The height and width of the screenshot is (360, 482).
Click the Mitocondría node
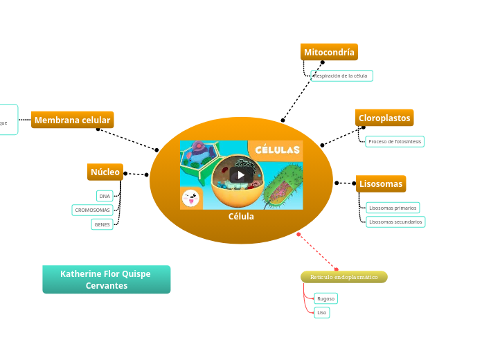[x=329, y=52]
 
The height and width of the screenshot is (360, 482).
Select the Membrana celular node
[x=72, y=120]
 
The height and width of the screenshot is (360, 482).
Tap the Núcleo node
[x=105, y=172]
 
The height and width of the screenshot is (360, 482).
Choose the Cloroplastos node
[x=384, y=118]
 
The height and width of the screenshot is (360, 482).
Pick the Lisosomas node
[x=380, y=183]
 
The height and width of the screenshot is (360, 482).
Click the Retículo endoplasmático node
[x=343, y=277]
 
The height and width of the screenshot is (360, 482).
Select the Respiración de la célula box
[x=341, y=75]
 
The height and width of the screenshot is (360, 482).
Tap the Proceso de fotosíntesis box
[x=394, y=141]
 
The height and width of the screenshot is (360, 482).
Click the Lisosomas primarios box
[x=393, y=208]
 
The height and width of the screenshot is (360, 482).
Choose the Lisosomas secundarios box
[x=395, y=222]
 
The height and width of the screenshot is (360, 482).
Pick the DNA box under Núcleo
[x=105, y=196]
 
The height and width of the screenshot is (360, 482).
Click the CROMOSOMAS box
[x=92, y=210]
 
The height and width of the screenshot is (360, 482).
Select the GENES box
[x=102, y=224]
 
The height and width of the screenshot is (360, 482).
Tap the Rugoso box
[x=325, y=298]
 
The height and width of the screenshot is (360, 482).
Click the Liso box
[x=321, y=312]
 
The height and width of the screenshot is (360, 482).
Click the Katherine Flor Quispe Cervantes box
[x=106, y=279]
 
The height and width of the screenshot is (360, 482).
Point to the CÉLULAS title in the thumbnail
[x=278, y=150]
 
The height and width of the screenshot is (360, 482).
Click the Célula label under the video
[x=241, y=217]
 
